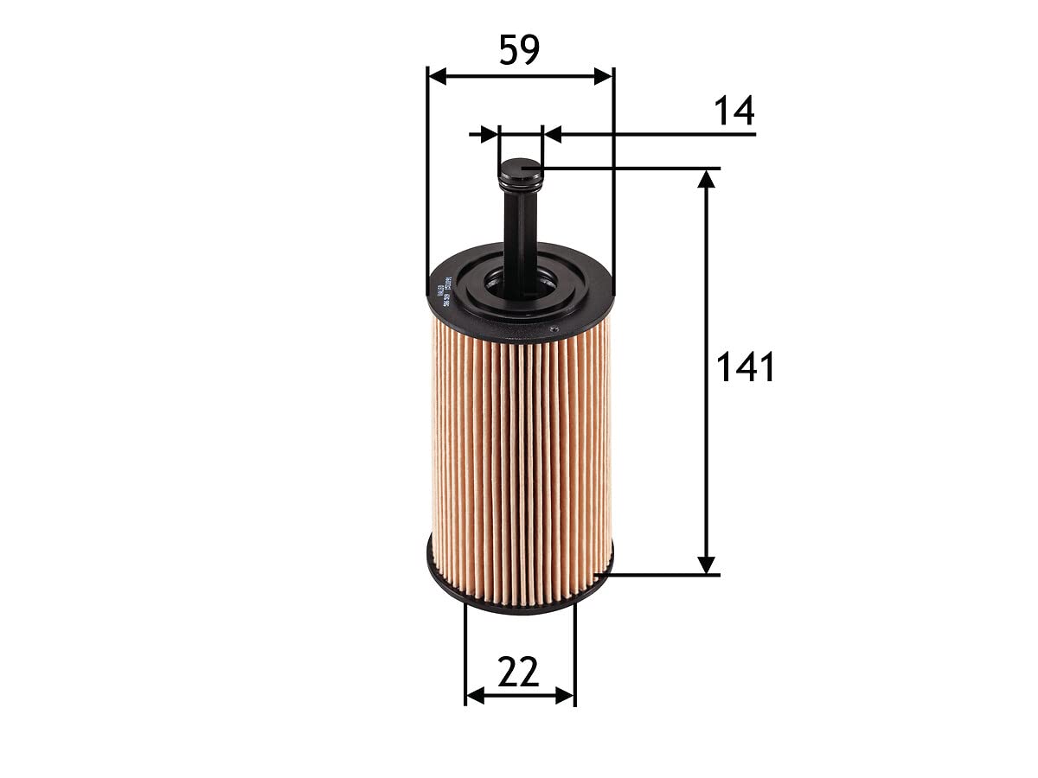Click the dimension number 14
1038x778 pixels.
[734, 112]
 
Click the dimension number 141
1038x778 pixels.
[746, 368]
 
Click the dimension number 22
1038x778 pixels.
[519, 673]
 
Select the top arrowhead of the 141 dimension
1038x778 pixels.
[707, 179]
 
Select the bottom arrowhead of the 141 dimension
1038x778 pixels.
[707, 564]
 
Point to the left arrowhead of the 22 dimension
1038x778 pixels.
[475, 695]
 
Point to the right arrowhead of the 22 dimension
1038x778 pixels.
[565, 695]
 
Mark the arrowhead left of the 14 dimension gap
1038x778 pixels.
[490, 134]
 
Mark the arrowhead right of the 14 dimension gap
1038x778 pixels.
[552, 134]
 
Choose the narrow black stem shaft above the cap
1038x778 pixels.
[519, 233]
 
